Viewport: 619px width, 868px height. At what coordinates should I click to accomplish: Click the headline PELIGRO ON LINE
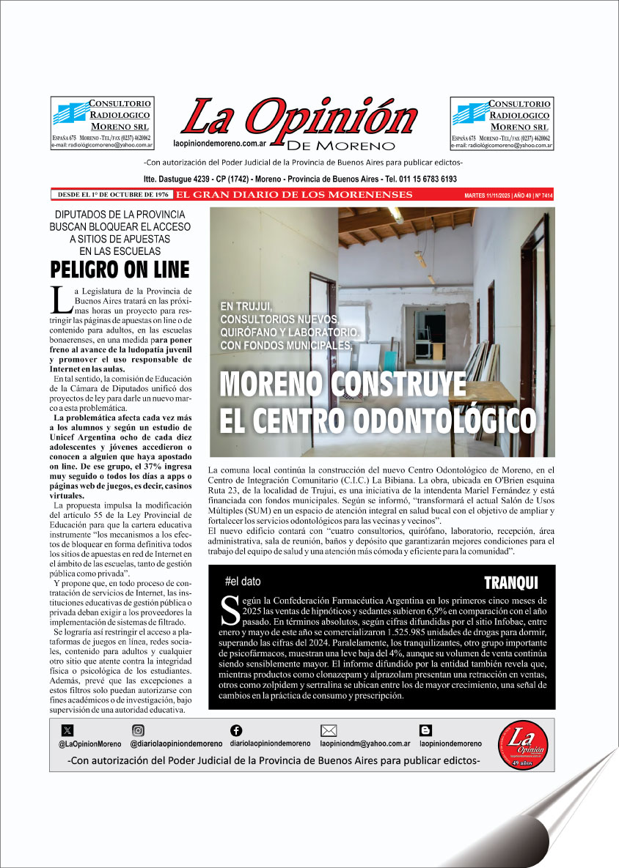coord(120,270)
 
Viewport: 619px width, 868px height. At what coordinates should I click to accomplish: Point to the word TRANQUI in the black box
coord(510,583)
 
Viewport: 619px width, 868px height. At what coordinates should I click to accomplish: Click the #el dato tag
coord(243,582)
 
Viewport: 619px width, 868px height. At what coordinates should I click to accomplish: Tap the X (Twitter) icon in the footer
coord(68,730)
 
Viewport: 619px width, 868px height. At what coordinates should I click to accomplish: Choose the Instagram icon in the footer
coord(138,730)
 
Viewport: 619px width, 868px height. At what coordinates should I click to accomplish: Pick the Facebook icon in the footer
coord(236,730)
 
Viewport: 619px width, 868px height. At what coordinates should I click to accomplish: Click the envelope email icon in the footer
coord(329,730)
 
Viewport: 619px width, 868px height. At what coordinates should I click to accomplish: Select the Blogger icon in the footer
coord(425,730)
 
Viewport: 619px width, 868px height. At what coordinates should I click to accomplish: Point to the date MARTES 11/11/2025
coord(490,196)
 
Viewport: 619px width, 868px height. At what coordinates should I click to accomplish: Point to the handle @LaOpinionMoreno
coord(90,743)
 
